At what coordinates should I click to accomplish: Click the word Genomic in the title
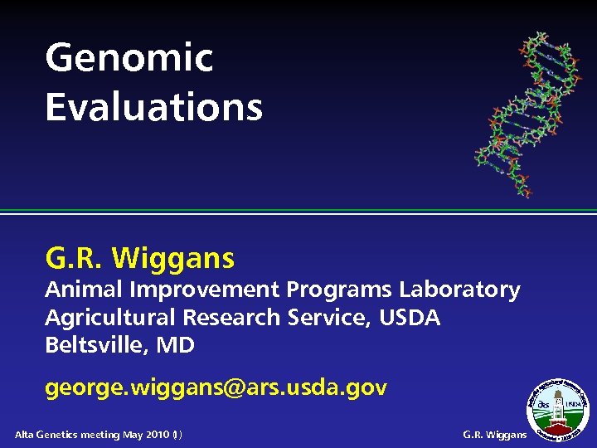pos(129,58)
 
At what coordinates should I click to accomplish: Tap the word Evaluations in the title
pos(153,107)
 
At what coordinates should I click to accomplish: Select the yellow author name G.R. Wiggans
pos(140,259)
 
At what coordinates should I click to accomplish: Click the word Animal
pos(80,290)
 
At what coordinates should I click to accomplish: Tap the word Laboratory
pos(459,290)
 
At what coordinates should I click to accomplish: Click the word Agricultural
pos(110,318)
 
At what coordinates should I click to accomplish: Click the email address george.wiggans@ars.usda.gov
pos(216,387)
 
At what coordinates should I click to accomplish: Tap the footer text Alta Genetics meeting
pos(68,435)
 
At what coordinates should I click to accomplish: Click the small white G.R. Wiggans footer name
pos(495,435)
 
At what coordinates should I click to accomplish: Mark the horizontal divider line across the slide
pos(298,212)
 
